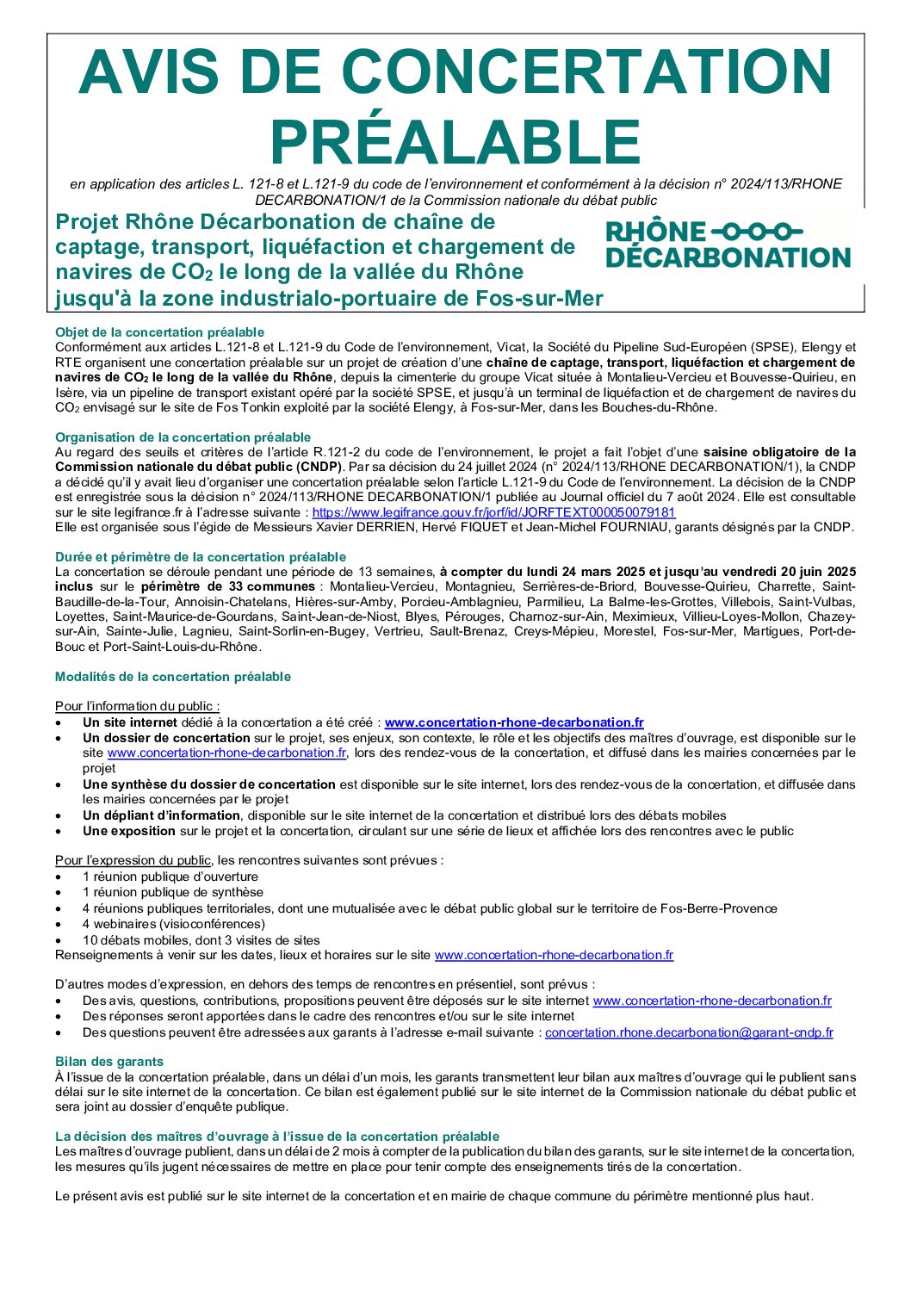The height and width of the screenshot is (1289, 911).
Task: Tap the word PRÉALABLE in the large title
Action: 455,141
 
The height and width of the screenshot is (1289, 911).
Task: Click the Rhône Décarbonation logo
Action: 728,245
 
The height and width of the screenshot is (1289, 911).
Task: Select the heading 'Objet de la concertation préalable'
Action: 159,332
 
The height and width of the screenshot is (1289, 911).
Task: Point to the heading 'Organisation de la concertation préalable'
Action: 183,437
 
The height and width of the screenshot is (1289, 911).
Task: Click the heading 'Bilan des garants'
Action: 108,1062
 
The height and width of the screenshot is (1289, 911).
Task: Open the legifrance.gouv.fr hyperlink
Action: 493,512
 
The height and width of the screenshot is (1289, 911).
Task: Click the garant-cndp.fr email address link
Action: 689,1032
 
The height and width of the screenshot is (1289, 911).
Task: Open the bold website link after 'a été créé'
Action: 514,722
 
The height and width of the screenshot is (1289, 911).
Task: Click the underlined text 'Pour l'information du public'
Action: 137,706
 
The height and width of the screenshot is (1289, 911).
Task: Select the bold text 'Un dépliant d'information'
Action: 162,815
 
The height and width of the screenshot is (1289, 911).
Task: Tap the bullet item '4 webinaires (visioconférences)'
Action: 173,924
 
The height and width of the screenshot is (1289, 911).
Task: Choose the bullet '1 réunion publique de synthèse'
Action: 172,892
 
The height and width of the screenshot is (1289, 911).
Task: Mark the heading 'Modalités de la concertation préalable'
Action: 172,677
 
